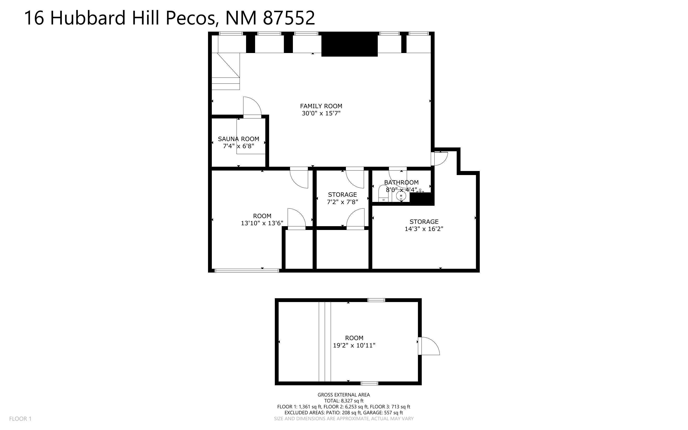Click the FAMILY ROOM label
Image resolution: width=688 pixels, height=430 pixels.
point(321,106)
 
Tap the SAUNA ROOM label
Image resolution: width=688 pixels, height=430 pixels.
point(238,139)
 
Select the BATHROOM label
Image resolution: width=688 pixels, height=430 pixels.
point(401,183)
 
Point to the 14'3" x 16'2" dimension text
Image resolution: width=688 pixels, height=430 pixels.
point(424,229)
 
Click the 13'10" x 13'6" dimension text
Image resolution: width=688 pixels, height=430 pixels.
point(262,223)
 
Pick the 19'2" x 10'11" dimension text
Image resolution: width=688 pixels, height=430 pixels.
point(354,346)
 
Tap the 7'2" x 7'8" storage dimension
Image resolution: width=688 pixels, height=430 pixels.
point(342,202)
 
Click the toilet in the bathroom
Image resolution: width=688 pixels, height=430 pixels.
point(383,193)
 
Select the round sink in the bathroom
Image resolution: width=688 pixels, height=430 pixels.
point(401,196)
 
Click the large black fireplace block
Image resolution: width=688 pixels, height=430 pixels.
point(349,44)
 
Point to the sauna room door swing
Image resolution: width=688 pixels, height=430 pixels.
point(252,106)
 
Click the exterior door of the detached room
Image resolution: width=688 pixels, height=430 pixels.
point(429,346)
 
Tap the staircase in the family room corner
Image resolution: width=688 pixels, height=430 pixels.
point(226,71)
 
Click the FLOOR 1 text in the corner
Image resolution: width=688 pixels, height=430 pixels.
point(20,419)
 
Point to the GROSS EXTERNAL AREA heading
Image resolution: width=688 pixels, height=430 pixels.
point(344,395)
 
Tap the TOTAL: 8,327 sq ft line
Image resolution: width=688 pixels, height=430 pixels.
point(344,401)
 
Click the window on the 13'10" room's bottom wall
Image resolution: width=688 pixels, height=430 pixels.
point(247,270)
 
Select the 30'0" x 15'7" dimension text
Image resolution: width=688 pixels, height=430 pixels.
point(321,113)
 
